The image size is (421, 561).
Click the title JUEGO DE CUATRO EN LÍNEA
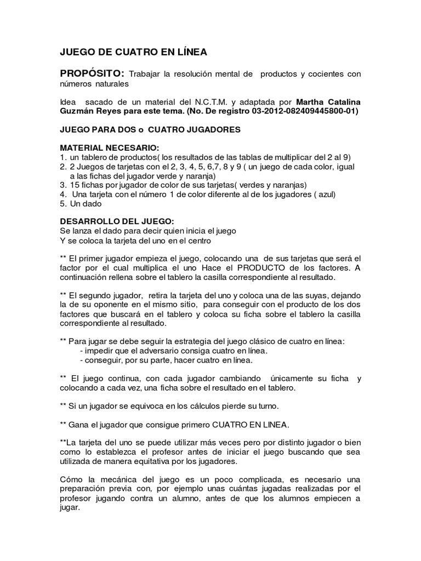(x=133, y=53)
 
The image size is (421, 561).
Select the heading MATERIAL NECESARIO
(x=109, y=148)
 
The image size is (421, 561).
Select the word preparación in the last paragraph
(x=83, y=489)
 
